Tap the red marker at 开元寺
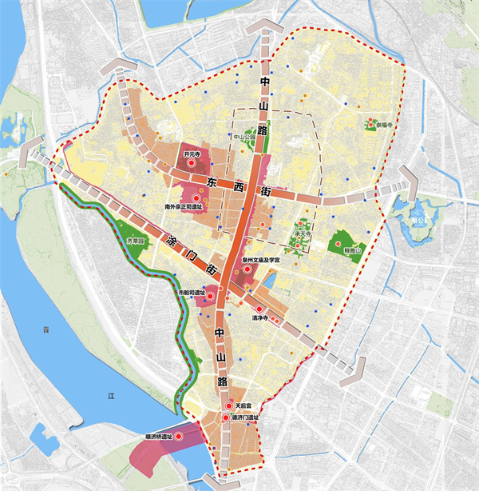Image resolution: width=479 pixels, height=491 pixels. [192, 163]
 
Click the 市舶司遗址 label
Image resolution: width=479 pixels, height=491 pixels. [192, 293]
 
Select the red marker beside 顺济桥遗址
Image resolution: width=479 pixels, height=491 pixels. [179, 437]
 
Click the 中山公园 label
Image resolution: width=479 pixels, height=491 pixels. [247, 137]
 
